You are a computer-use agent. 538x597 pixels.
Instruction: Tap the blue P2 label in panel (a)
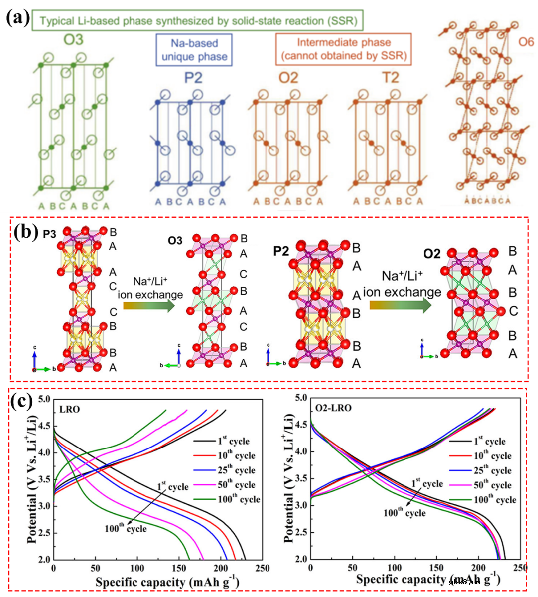click(x=193, y=78)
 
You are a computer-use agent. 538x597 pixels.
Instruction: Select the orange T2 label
click(x=391, y=78)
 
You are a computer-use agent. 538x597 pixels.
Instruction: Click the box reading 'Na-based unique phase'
click(x=194, y=50)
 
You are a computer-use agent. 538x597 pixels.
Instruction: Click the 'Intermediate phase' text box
click(x=344, y=49)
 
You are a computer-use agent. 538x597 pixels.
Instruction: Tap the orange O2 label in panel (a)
click(x=288, y=78)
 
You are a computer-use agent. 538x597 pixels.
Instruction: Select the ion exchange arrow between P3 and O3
click(x=149, y=304)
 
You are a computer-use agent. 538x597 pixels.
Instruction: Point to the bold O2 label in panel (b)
click(x=432, y=254)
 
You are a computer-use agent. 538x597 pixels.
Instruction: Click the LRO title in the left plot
click(x=69, y=410)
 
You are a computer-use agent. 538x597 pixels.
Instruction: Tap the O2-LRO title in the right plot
click(x=333, y=408)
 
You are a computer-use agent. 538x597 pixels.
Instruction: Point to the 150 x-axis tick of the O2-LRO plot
click(x=436, y=568)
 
